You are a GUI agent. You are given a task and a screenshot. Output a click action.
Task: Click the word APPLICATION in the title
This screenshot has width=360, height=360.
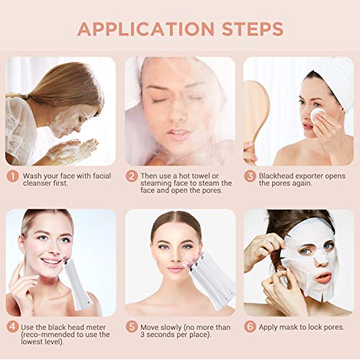[146, 30]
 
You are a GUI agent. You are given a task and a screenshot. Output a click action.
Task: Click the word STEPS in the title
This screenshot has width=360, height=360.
[253, 30]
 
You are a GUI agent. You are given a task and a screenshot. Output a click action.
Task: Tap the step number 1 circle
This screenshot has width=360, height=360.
[13, 176]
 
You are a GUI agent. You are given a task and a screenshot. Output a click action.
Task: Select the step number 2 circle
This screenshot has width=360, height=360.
[132, 176]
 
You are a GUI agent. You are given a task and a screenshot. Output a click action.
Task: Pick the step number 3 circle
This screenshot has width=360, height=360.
[250, 176]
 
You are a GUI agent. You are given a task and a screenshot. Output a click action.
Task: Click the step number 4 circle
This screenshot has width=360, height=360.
[13, 327]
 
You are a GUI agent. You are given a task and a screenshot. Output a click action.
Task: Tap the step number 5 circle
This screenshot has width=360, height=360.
[132, 327]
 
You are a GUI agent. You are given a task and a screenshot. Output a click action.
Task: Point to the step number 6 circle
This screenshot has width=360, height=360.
[250, 327]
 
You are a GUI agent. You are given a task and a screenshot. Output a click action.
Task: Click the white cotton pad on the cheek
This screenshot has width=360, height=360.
[317, 114]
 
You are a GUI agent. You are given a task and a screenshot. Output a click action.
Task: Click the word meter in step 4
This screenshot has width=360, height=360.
[96, 328]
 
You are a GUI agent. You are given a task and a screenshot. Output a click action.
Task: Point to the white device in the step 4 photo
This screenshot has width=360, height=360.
[76, 282]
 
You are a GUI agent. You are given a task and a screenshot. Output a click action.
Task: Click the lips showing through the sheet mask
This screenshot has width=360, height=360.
[323, 278]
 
